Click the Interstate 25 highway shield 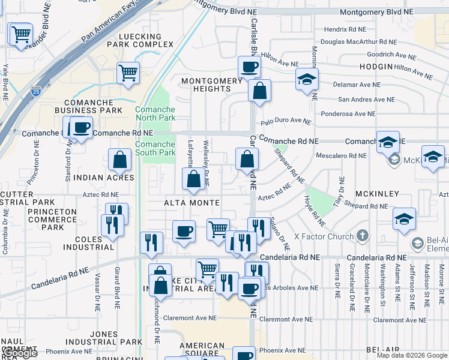(x=35, y=92)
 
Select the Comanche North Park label (x=155, y=114)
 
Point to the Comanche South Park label (x=155, y=148)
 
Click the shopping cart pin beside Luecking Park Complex (x=128, y=73)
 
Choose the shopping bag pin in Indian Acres (x=120, y=160)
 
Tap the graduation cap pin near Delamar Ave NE (x=307, y=80)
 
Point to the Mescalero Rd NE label (x=341, y=155)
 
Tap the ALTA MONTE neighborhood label (x=192, y=203)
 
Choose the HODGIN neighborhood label (x=376, y=66)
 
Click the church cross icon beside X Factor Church (x=362, y=236)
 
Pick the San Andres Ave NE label (x=367, y=100)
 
